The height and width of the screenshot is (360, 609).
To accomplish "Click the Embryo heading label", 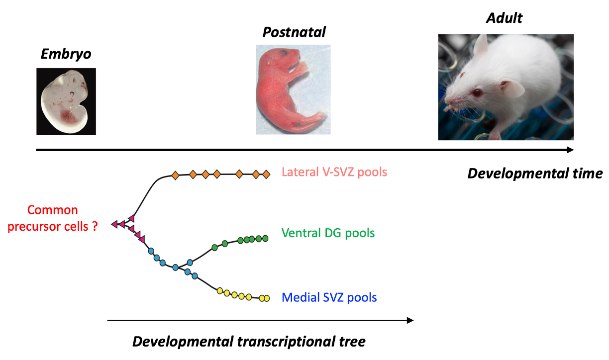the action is pyautogui.click(x=66, y=54).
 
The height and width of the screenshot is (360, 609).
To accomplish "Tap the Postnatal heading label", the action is pyautogui.click(x=294, y=32).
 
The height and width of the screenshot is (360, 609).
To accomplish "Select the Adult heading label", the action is pyautogui.click(x=504, y=18).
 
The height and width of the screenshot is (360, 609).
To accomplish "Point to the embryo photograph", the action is pyautogui.click(x=66, y=101).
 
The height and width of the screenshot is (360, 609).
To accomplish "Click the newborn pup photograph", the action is pyautogui.click(x=293, y=90).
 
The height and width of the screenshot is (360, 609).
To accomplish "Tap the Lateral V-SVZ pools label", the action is pyautogui.click(x=334, y=172).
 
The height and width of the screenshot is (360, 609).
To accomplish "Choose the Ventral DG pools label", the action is pyautogui.click(x=328, y=233).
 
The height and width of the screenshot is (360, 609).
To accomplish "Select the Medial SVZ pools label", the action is pyautogui.click(x=329, y=297).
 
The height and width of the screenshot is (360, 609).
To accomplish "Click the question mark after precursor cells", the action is pyautogui.click(x=95, y=226).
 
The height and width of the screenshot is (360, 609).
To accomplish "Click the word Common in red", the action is pyautogui.click(x=52, y=210).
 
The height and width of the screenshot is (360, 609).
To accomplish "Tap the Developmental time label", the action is pyautogui.click(x=535, y=174).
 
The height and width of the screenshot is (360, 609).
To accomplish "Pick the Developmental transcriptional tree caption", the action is pyautogui.click(x=249, y=342).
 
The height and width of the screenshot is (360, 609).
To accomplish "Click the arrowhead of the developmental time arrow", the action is pyautogui.click(x=570, y=150).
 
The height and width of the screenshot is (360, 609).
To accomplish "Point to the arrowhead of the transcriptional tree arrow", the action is pyautogui.click(x=410, y=320).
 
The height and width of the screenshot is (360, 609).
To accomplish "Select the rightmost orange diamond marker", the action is pyautogui.click(x=266, y=174).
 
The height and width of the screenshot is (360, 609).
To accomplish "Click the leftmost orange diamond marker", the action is pyautogui.click(x=175, y=176).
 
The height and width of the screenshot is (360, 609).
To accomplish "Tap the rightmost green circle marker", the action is pyautogui.click(x=265, y=238).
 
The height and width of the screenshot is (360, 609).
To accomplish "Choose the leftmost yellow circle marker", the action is pyautogui.click(x=220, y=291).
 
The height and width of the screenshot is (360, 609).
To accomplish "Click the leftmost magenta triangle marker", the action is pyautogui.click(x=115, y=224).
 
